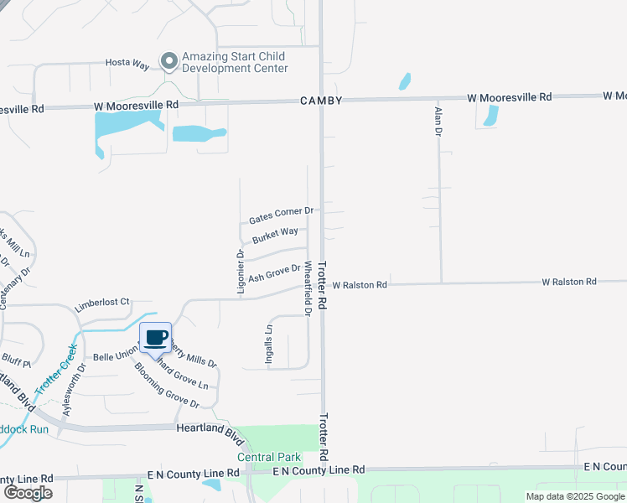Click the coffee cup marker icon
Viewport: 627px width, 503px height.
155,337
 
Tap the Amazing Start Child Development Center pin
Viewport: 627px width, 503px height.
169,60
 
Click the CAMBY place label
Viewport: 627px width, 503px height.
322,101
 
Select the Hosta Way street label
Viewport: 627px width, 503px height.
126,63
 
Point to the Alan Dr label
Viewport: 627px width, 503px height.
437,122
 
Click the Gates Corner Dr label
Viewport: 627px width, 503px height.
281,215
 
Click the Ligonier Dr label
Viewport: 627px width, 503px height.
241,271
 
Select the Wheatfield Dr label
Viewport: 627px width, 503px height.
308,288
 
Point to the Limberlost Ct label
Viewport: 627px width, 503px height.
102,303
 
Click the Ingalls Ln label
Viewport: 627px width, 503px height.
269,340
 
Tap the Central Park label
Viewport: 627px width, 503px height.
268,457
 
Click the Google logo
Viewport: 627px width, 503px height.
28,493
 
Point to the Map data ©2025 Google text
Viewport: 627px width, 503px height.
575,496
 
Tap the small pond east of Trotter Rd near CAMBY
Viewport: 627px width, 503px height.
405,81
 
